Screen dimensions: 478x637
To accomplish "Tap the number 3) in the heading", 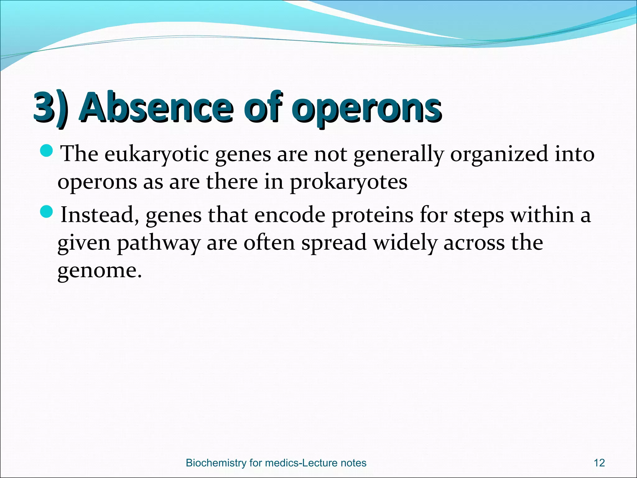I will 51,108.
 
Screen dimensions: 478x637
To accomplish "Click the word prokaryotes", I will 348,182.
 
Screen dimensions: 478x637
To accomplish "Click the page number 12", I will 599,463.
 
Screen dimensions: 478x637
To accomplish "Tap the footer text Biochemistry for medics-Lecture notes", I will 276,463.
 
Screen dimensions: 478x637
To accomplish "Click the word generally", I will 398,155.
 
